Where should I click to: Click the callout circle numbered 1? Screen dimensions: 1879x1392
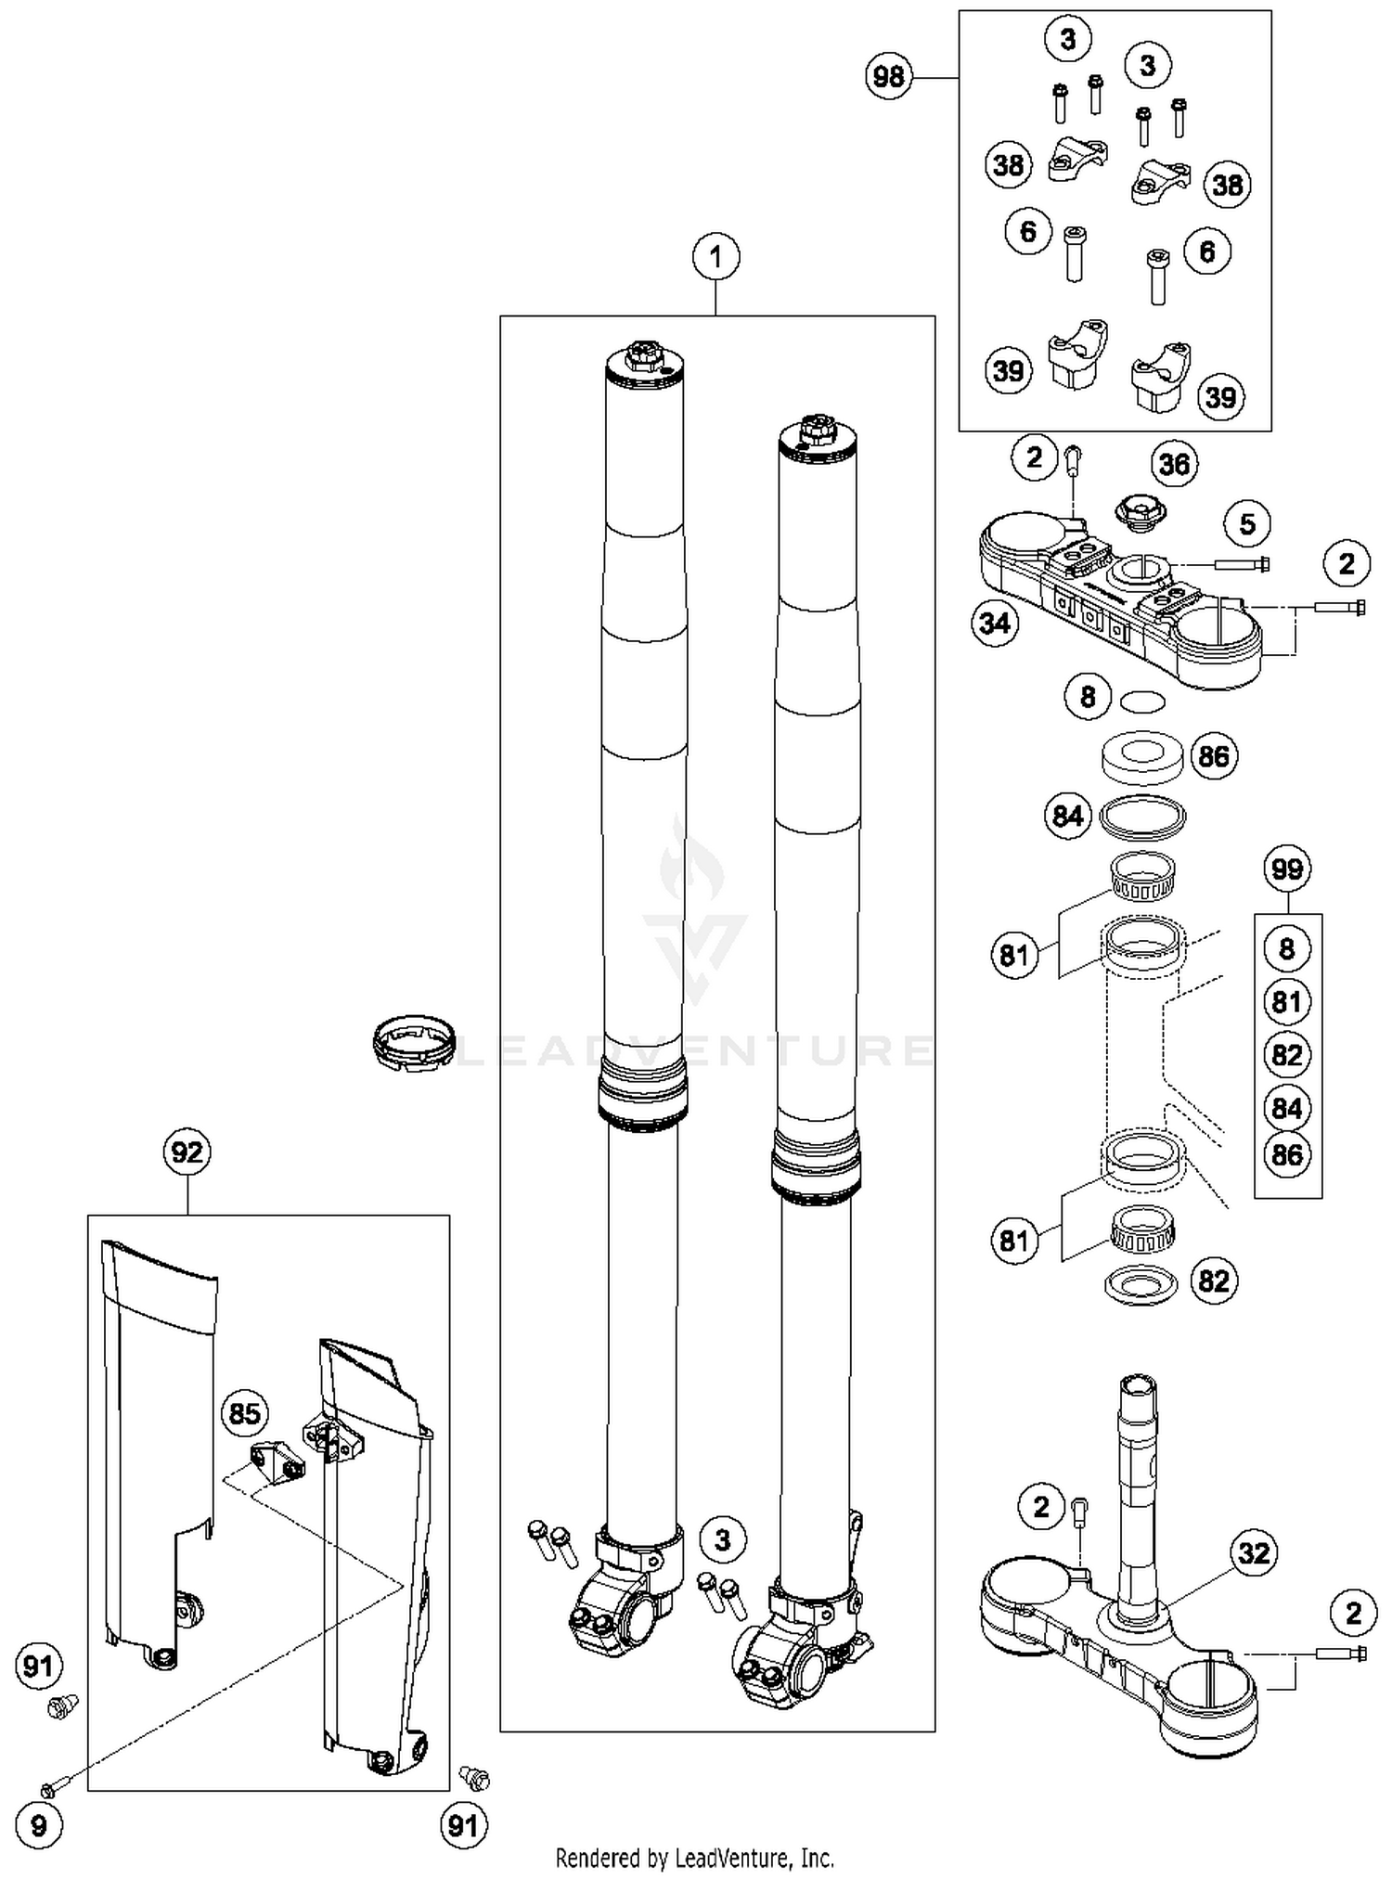(x=715, y=256)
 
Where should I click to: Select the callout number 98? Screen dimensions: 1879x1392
(x=889, y=76)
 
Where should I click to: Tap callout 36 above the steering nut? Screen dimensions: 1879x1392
(x=1174, y=463)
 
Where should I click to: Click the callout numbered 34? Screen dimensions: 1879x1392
(x=995, y=623)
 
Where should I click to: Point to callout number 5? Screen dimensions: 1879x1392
(x=1247, y=524)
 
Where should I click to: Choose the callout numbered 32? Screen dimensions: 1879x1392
(x=1254, y=1552)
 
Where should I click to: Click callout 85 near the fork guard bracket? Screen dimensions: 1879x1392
(x=244, y=1413)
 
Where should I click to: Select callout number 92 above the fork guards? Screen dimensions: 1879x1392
(x=187, y=1152)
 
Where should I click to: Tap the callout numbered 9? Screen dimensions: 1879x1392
(x=38, y=1825)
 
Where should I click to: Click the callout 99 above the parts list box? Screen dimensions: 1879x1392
(x=1287, y=869)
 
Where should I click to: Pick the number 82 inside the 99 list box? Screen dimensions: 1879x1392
(x=1287, y=1055)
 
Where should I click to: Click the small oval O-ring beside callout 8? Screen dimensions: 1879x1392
(x=1142, y=701)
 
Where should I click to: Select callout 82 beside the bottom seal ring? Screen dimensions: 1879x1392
(x=1213, y=1281)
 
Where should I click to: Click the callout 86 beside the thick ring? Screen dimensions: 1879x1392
(x=1213, y=757)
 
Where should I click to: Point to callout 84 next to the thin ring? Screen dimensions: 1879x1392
(x=1067, y=816)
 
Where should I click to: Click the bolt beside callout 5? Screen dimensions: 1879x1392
(x=1241, y=563)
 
